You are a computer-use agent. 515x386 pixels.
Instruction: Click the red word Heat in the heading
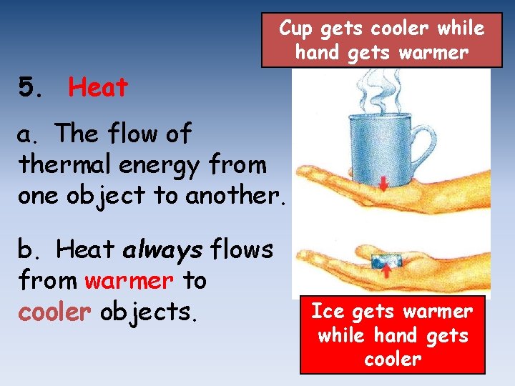[x=98, y=88]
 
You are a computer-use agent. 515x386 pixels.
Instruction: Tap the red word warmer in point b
[x=129, y=281]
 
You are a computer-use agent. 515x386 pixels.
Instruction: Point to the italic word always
[x=163, y=249]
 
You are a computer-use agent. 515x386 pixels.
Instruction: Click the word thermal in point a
[x=59, y=164]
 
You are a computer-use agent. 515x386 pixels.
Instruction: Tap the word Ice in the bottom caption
[x=328, y=312]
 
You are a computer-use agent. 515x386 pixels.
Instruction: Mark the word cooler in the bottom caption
[x=392, y=359]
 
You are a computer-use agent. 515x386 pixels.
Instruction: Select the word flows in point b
[x=242, y=249]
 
